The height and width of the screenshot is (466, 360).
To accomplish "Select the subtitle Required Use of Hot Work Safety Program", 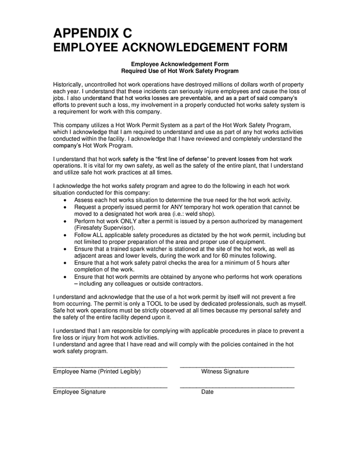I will tap(180, 70).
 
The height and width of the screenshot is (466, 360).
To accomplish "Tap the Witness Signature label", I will tap(225, 372).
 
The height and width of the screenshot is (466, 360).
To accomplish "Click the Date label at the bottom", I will tap(207, 392).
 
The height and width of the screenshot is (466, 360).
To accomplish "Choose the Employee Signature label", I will tap(79, 392).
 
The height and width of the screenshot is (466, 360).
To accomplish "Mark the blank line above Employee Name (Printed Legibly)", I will tap(110, 366).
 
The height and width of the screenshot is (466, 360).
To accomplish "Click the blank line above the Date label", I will tap(237, 386).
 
